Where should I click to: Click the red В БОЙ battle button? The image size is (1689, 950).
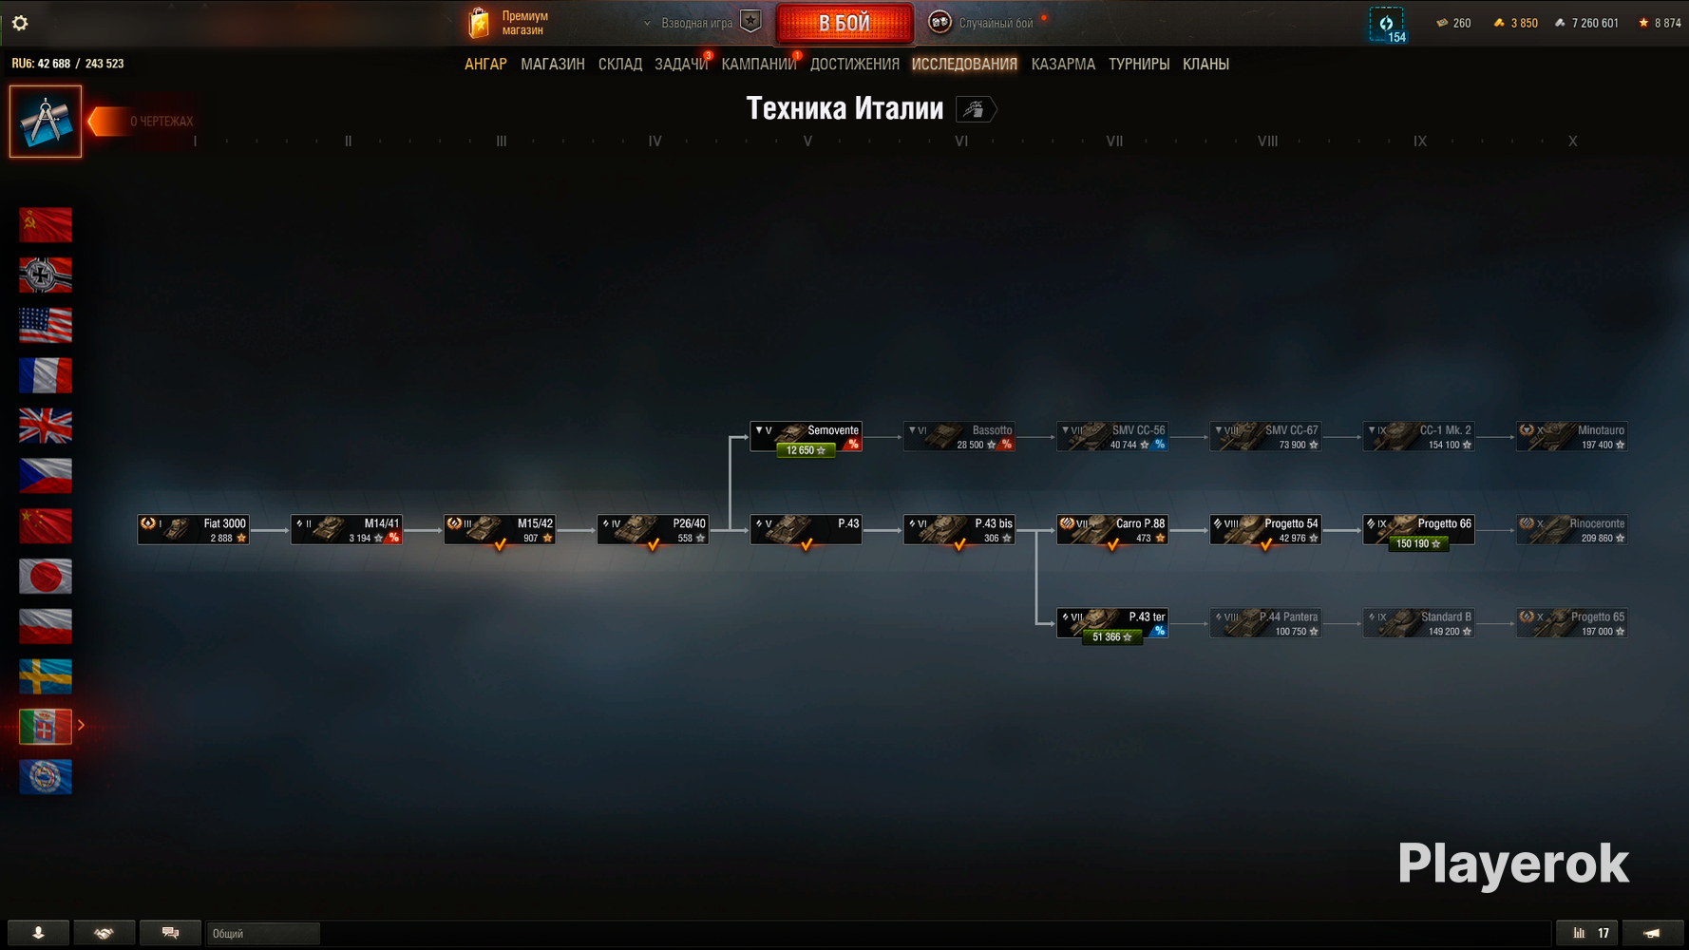point(844,24)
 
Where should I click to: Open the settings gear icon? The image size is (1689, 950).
point(20,23)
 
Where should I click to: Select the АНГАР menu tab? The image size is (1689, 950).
point(485,65)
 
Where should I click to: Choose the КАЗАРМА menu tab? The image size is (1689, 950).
point(1063,65)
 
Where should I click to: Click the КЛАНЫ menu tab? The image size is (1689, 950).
point(1205,65)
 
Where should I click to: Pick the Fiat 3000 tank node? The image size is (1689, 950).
point(194,530)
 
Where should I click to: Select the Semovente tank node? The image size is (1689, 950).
point(806,437)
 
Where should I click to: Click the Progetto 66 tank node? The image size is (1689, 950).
point(1418,530)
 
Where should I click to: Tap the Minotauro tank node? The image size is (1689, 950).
point(1571,437)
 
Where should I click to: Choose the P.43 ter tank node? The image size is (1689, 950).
point(1112,623)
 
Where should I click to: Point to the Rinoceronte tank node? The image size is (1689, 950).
point(1571,530)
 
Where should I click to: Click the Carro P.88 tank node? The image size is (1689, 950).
point(1112,530)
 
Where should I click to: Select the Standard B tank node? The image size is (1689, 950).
point(1418,623)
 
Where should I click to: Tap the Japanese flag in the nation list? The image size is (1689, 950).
point(46,577)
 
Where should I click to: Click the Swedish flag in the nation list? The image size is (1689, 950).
point(46,676)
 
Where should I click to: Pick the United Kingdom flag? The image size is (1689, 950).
point(46,426)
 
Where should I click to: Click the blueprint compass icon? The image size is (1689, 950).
point(46,122)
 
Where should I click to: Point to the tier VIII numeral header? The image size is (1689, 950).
point(1267,142)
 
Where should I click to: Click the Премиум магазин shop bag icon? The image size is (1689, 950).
point(480,23)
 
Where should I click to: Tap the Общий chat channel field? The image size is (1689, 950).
point(263,934)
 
